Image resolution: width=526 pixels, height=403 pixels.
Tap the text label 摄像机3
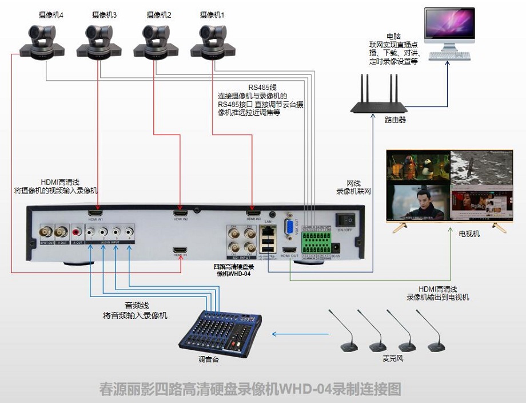(x=104, y=15)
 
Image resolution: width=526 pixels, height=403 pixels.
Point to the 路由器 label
(x=395, y=121)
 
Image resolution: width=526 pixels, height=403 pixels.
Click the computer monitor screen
(x=449, y=29)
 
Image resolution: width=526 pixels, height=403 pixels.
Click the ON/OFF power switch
(x=345, y=219)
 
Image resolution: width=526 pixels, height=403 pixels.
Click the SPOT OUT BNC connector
(x=45, y=233)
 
